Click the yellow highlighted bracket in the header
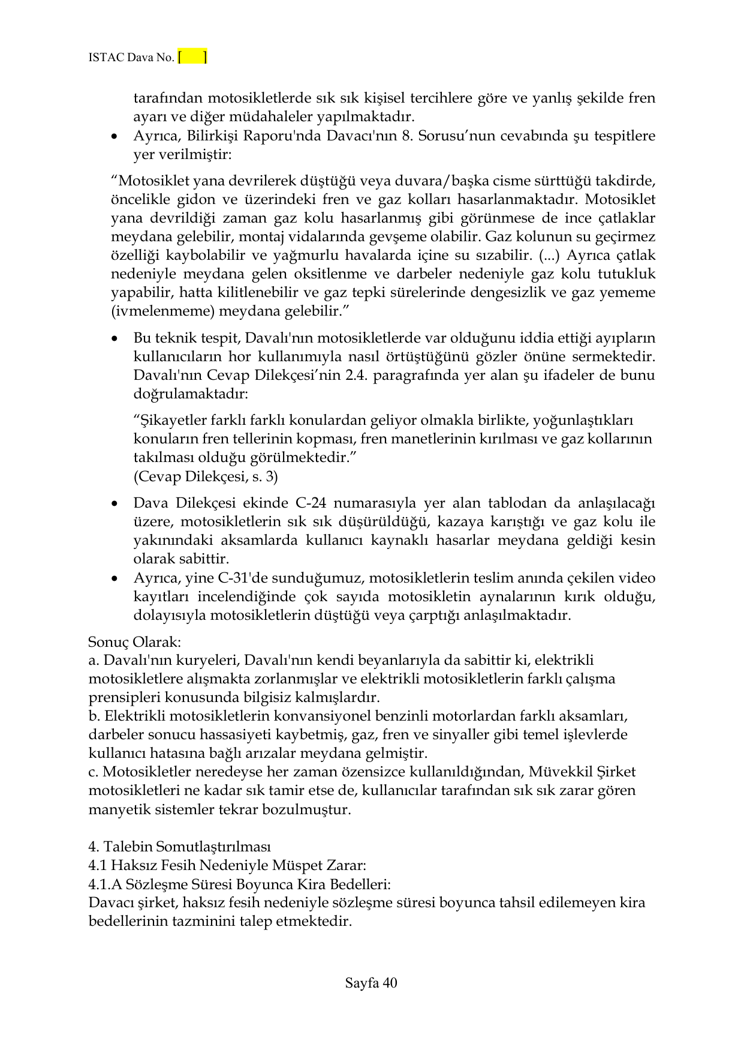tap(192, 58)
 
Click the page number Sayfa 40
tap(371, 982)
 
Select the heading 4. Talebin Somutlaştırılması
tap(179, 846)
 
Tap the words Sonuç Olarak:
tap(134, 641)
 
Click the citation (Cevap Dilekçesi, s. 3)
tap(205, 476)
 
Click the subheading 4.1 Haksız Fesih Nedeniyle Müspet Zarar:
tap(227, 865)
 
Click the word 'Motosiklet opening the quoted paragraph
tap(144, 181)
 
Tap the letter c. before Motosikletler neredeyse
tap(93, 772)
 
